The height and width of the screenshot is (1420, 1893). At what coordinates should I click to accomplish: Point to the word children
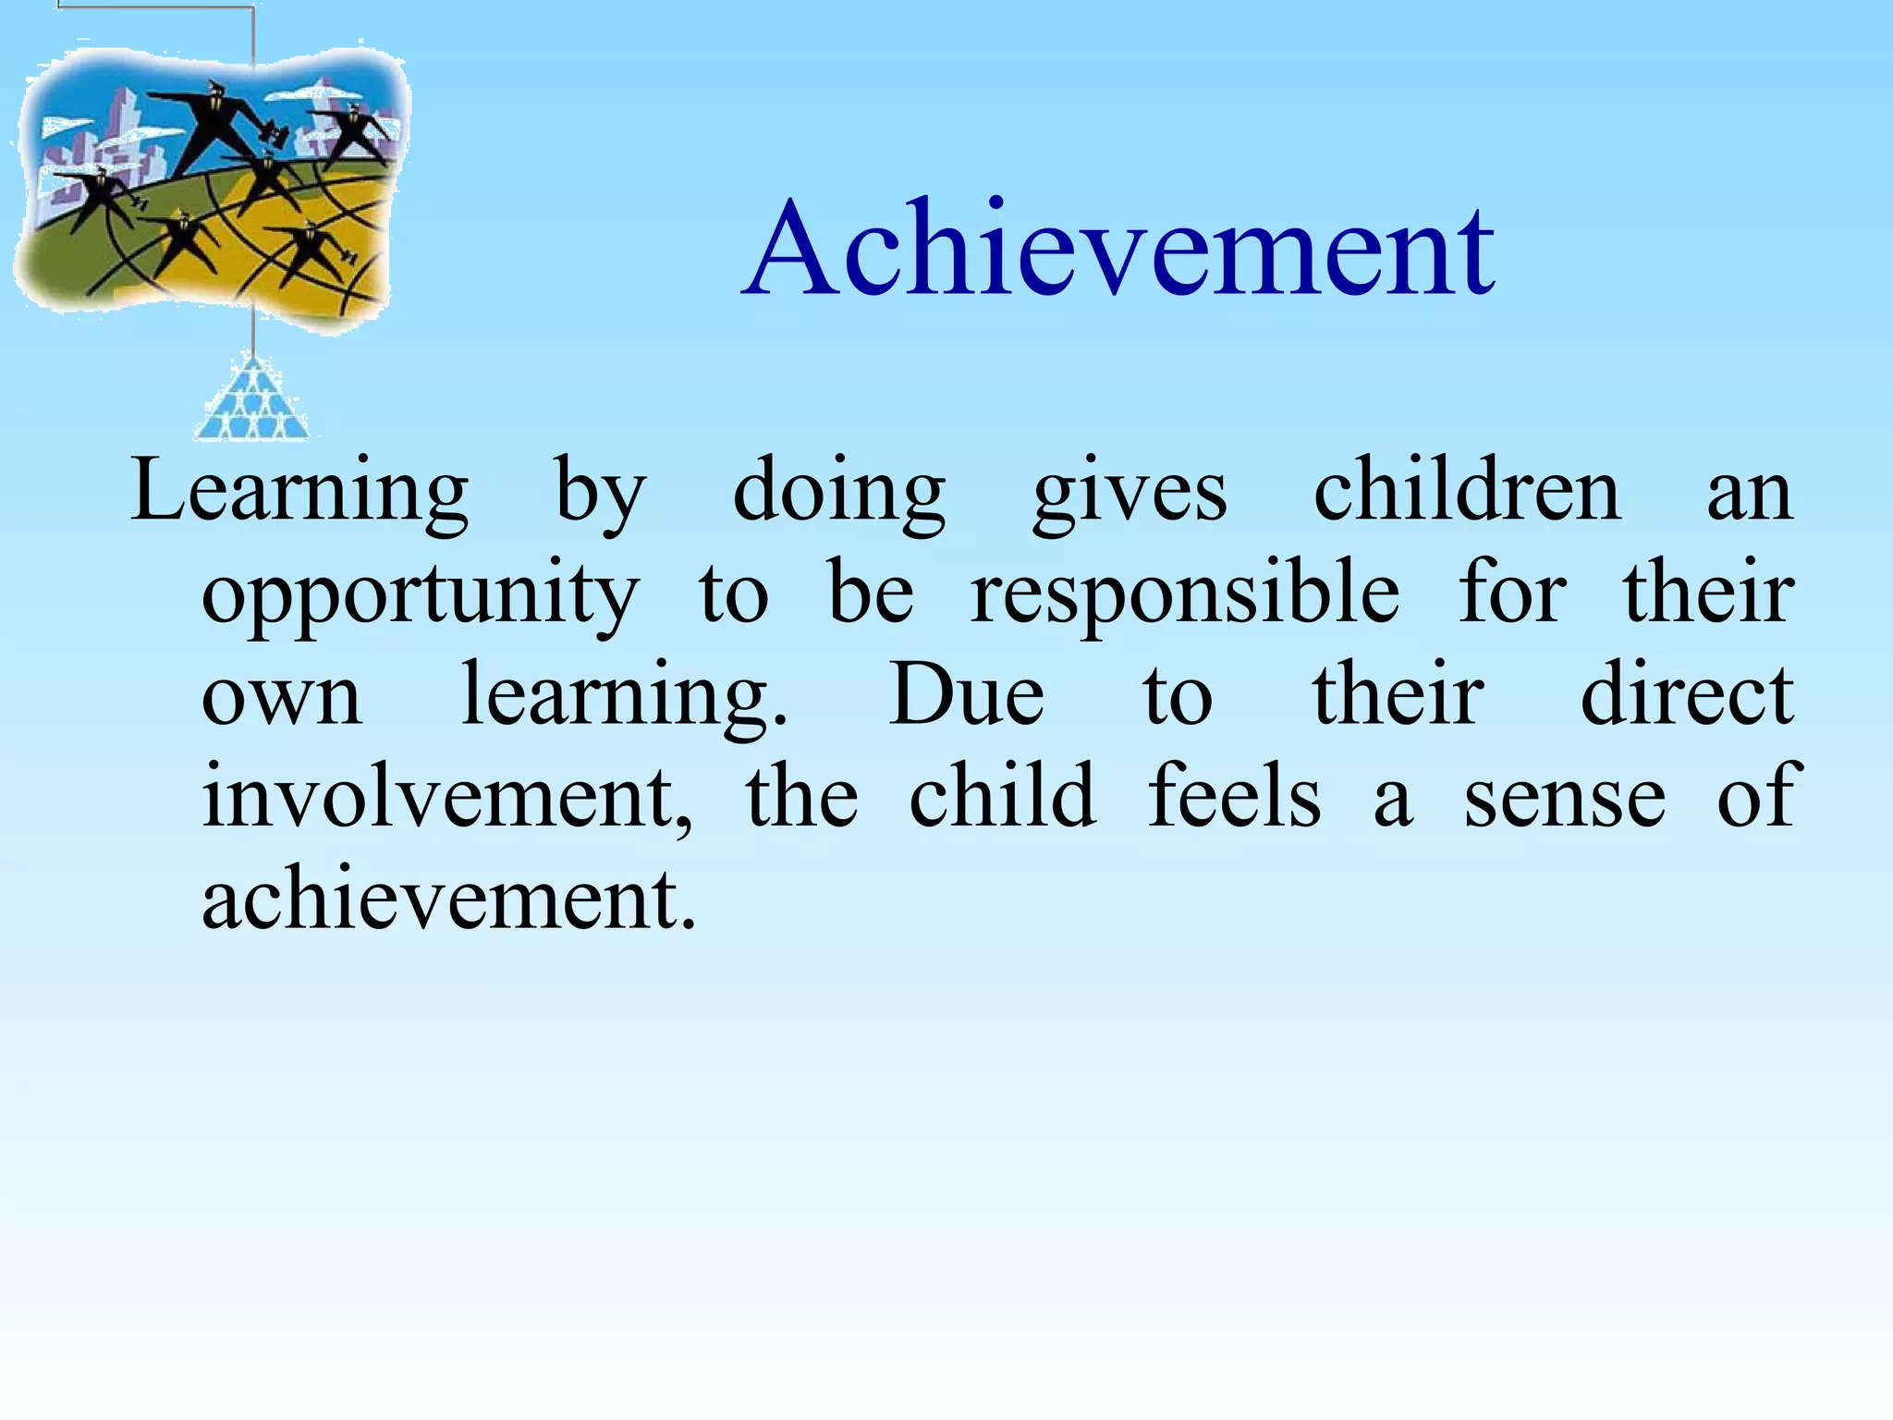pos(1467,492)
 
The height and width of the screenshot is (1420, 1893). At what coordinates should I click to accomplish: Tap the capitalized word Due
pos(966,695)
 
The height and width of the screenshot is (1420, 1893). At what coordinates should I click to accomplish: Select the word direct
pos(1687,695)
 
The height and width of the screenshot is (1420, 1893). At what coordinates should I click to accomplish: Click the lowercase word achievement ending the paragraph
pos(448,900)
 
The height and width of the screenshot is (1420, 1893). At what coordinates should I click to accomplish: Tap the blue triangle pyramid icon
pos(251,402)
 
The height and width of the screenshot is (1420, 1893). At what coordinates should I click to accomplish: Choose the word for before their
pos(1512,594)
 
